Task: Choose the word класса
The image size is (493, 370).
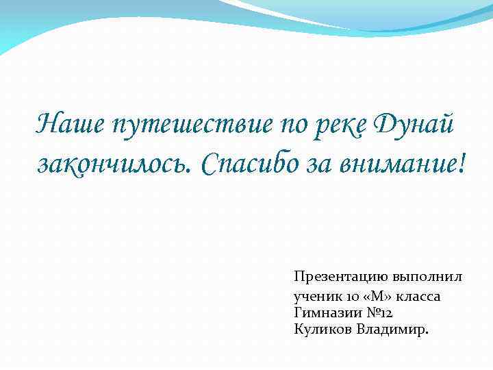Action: [418, 297]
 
